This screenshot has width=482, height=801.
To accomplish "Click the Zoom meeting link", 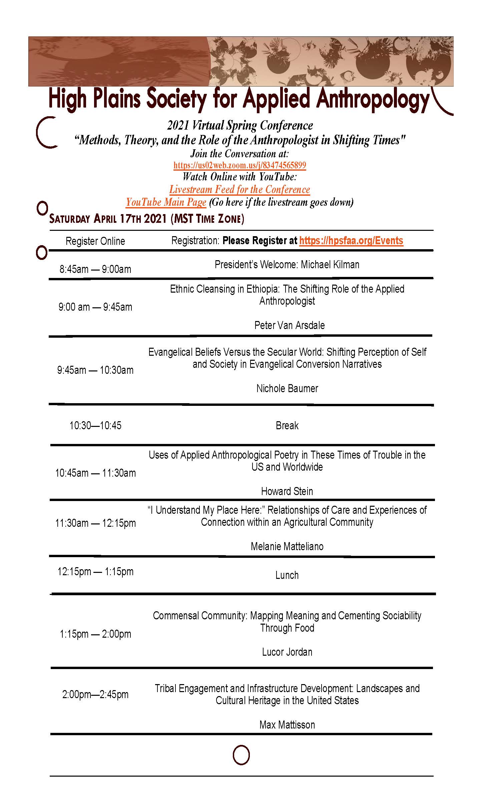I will click(x=239, y=165).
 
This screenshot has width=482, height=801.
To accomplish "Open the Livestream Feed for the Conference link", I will click(x=239, y=189).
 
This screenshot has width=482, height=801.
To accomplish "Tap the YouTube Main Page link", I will click(x=166, y=202).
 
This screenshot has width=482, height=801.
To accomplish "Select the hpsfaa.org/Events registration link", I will click(x=351, y=241).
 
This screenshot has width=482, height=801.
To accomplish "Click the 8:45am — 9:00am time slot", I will click(x=95, y=269).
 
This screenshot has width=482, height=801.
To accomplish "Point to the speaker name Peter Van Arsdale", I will click(x=289, y=325).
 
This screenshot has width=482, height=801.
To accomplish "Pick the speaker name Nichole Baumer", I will click(x=287, y=388).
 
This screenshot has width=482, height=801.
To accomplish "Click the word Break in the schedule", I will click(x=287, y=426).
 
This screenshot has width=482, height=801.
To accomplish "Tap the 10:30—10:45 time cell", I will click(x=95, y=426).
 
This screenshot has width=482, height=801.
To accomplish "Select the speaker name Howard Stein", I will click(x=287, y=491).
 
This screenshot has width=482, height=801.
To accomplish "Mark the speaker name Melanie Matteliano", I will click(x=287, y=546).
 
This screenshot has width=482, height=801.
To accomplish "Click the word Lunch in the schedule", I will click(x=287, y=575).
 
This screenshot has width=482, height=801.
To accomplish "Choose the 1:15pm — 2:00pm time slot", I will click(x=95, y=634).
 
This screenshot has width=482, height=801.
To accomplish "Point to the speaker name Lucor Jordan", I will click(x=287, y=652).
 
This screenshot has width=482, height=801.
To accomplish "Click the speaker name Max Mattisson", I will click(x=287, y=725).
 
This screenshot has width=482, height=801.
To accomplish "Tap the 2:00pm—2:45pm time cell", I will click(x=95, y=695).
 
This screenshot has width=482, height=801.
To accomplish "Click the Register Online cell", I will click(x=95, y=241).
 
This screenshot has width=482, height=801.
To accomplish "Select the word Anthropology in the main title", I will click(x=372, y=100).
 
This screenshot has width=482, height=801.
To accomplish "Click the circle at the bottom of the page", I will click(x=241, y=755).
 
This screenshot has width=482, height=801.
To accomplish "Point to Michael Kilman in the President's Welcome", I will click(x=330, y=265).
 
